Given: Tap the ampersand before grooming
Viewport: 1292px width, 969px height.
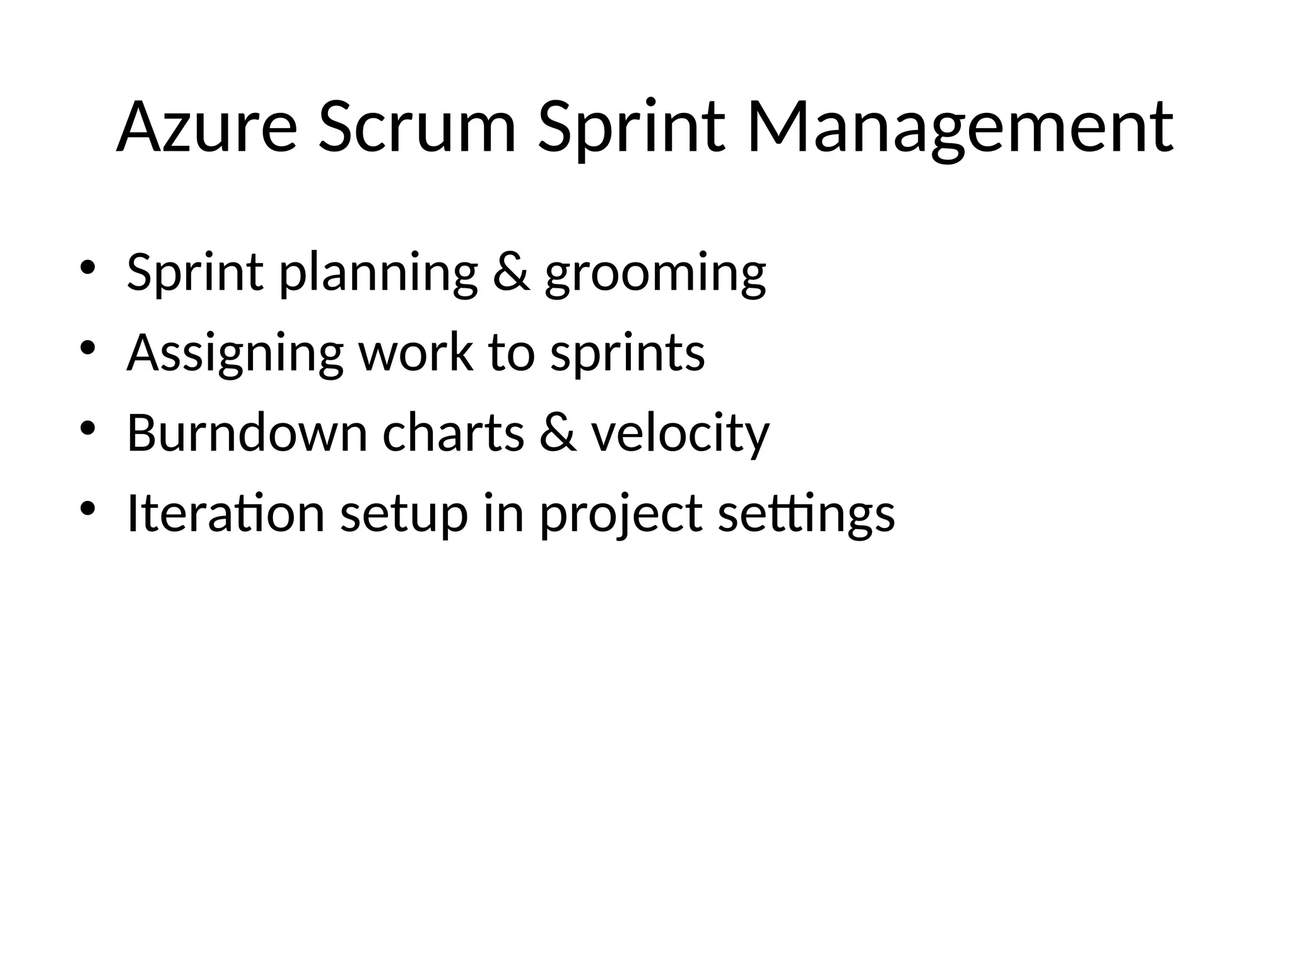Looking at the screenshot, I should click(511, 272).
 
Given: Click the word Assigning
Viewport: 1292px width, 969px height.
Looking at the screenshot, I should click(235, 354).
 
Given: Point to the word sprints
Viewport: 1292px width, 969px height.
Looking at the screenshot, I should click(627, 354).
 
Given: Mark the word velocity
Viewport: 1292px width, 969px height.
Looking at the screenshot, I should click(680, 434).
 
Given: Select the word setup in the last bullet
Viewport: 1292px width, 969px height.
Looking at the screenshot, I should click(404, 515).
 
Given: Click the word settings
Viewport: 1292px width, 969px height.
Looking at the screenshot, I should click(806, 515).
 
